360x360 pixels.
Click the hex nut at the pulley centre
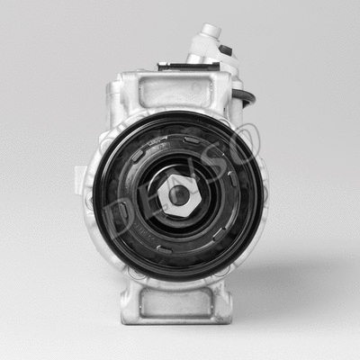pyautogui.click(x=180, y=193)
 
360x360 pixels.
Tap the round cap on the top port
pyautogui.click(x=209, y=31)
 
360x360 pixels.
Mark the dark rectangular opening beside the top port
pyautogui.click(x=226, y=50)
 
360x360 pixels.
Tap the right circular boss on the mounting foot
pyautogui.click(x=224, y=292)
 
